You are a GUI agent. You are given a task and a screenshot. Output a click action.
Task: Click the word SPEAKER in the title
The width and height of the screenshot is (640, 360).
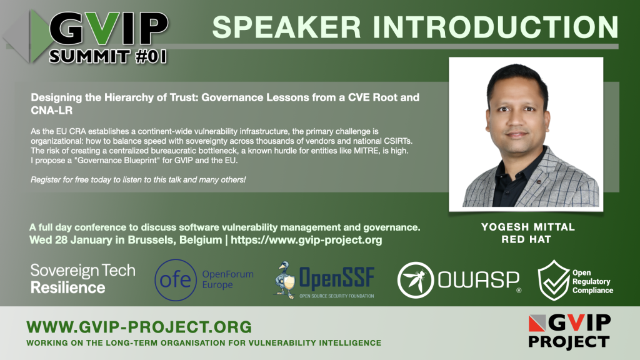286,27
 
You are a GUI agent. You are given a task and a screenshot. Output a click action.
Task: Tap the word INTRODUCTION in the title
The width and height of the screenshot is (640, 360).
496,27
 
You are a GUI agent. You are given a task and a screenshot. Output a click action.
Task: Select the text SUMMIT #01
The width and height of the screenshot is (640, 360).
108,56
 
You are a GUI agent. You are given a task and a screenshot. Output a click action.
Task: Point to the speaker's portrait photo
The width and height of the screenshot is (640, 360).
526,134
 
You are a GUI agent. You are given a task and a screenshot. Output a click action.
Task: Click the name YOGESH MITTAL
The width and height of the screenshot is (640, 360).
527,227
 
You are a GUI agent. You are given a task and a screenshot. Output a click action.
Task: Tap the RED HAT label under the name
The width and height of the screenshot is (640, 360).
526,239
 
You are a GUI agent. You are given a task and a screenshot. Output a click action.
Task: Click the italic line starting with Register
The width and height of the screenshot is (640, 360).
138,179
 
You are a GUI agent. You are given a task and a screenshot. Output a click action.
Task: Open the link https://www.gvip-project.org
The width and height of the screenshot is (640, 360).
306,239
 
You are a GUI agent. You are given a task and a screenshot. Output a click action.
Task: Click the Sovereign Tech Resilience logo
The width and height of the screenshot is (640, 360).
83,279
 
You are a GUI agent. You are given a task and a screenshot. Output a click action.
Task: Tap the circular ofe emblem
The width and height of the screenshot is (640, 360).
176,280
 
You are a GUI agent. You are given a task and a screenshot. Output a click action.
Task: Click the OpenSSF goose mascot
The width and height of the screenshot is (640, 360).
284,280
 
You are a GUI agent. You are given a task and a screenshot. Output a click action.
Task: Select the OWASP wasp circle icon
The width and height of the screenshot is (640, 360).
416,280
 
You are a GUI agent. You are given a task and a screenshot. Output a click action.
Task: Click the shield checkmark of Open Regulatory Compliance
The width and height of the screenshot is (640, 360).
554,281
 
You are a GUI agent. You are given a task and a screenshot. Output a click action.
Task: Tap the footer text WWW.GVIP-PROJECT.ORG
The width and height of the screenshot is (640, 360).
139,327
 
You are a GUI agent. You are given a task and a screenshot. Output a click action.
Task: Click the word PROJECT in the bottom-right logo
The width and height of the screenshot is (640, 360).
569,341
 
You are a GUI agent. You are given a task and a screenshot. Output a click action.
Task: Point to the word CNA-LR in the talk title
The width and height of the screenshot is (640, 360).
51,110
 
